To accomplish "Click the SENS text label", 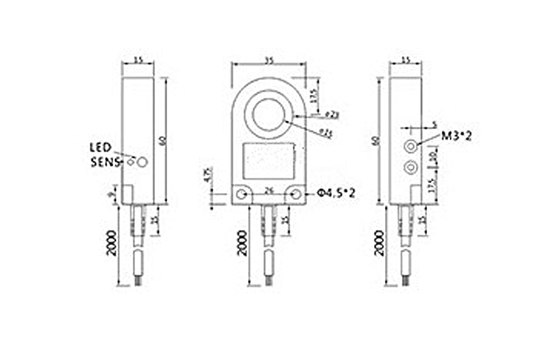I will (x=103, y=162).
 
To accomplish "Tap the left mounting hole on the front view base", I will (x=244, y=194).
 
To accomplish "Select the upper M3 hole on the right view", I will (x=408, y=145).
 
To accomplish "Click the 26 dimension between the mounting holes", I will (x=269, y=189).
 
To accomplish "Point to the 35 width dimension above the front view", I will (x=269, y=59).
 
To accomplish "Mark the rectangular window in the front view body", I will (x=269, y=162).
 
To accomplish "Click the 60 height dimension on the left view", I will (x=162, y=141).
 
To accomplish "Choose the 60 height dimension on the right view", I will (x=378, y=141).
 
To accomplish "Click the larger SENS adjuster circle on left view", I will (x=143, y=162).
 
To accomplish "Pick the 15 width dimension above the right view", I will (x=406, y=59).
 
